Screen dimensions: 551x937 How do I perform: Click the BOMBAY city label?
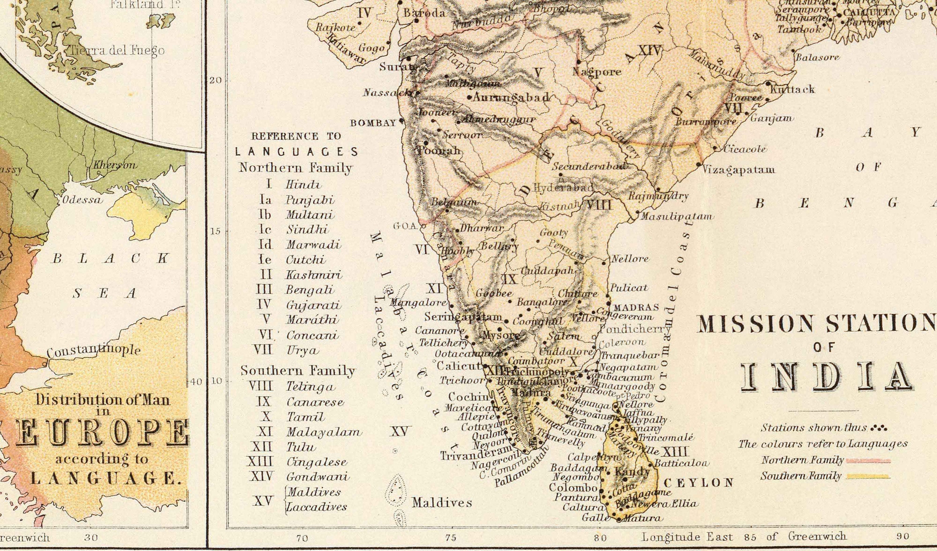coord(373,123)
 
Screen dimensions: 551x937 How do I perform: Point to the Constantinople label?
coord(94,351)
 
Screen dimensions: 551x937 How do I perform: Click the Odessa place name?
coord(82,200)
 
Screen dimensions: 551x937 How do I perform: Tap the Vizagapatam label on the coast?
coord(738,170)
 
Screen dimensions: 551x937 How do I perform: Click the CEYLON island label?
coord(698,483)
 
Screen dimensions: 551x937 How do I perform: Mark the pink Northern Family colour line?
coord(868,461)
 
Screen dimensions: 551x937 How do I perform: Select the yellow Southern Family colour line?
coord(868,477)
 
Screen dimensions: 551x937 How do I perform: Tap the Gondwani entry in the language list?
coord(318,477)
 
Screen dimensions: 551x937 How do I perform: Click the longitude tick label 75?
coord(451,538)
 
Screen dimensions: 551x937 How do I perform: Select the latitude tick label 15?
coord(215,231)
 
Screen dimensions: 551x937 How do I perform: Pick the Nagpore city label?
coord(597,71)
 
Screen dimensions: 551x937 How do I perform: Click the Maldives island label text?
coord(442,503)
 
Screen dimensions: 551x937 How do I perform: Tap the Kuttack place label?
coord(792,90)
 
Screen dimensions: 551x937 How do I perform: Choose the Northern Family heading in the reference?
coord(295,168)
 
